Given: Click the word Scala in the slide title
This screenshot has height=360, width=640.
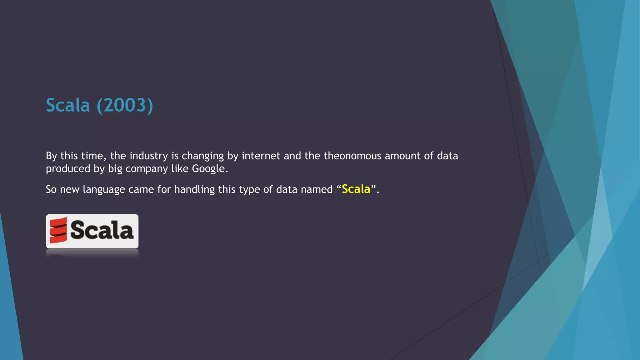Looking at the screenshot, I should click(x=68, y=105).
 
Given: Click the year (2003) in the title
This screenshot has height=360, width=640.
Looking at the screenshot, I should click(x=125, y=105).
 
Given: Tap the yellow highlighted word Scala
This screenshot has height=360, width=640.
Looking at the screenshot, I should click(x=356, y=189).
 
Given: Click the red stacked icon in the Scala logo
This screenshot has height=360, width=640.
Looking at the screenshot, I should click(x=58, y=230).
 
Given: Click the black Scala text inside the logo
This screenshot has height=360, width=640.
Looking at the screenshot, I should click(x=102, y=230).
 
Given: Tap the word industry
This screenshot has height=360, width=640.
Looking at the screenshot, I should click(x=148, y=156).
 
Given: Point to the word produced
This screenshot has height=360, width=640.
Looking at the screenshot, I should click(x=68, y=169).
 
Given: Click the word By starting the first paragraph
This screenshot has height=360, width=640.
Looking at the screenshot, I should click(x=51, y=156).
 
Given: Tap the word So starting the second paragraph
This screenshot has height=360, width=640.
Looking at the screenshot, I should click(x=51, y=189).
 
